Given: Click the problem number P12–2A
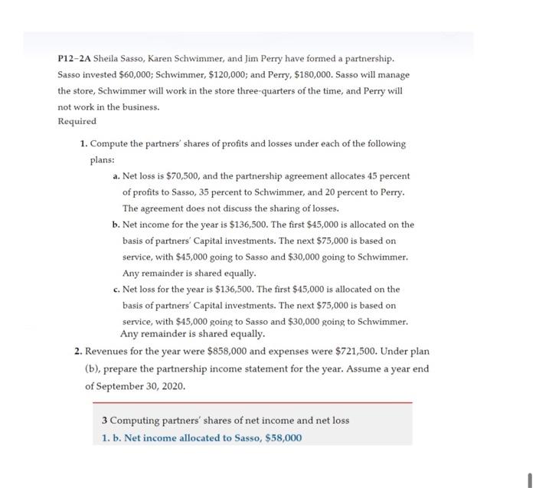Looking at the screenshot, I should click(74, 59).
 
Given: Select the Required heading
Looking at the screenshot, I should click(77, 122).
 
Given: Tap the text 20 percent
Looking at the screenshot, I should click(355, 192).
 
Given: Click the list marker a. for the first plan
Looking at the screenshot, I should click(115, 176).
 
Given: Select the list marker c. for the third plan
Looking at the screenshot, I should click(115, 290).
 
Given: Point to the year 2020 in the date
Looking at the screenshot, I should click(172, 385).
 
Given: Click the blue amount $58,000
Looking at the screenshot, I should click(281, 438).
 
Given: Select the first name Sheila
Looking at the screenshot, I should click(106, 59).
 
